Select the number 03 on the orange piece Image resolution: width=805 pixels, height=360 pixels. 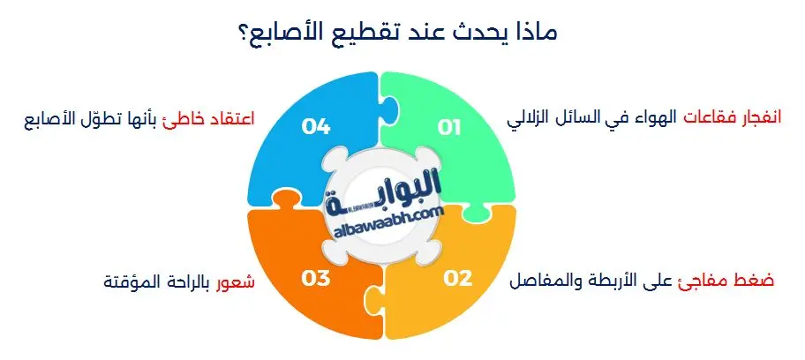coord(315,279)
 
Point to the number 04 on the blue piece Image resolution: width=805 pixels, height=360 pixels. coord(315,129)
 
